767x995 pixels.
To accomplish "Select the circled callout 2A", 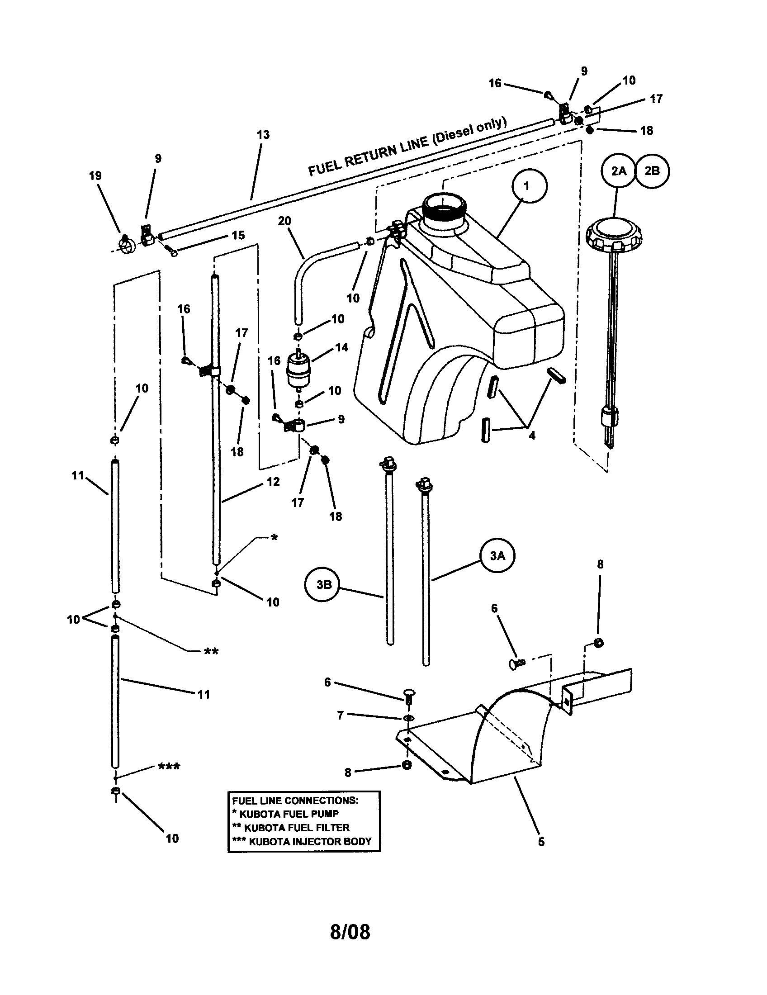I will (x=619, y=171).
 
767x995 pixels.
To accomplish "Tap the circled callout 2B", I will (x=652, y=171).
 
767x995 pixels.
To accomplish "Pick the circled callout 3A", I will (x=497, y=556).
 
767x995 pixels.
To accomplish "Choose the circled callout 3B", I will (x=324, y=585).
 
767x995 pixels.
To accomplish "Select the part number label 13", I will (x=263, y=134).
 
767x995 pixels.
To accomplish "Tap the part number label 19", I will (x=95, y=176).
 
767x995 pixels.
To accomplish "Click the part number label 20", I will (x=284, y=221).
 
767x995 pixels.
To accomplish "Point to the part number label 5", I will (x=541, y=842).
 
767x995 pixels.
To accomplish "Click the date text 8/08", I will (x=350, y=932).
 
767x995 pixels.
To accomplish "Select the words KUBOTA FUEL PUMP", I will (x=289, y=813).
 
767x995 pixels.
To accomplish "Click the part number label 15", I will (x=238, y=235).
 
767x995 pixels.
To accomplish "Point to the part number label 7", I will (x=340, y=716).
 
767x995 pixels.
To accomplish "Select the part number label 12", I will (x=273, y=482).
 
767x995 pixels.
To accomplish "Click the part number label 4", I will (x=532, y=436).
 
